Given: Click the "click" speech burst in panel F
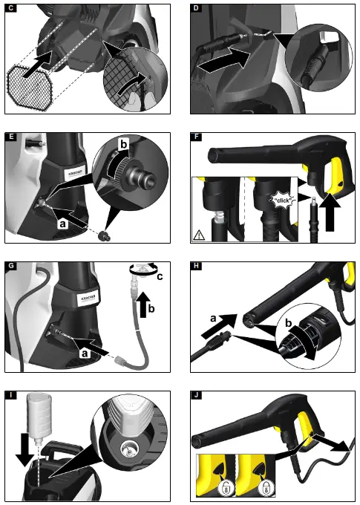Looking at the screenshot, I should (284, 201).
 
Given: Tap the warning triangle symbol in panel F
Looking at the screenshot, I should (200, 235).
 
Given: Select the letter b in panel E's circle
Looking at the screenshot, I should (124, 142).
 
